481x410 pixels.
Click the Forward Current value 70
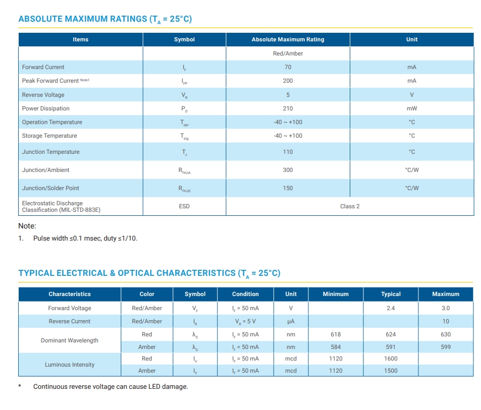pos(288,67)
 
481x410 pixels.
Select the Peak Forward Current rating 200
pos(288,81)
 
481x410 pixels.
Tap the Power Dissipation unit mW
pos(412,108)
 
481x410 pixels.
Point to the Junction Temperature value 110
pos(288,152)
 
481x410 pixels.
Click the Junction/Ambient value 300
pos(288,170)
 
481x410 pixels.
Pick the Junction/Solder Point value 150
pos(288,188)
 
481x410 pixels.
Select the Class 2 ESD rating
pos(350,206)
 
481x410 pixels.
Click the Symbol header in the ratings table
pos(184,39)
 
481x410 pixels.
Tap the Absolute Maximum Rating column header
pos(288,39)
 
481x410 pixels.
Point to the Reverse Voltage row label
pos(43,95)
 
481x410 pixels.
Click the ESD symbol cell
pos(184,206)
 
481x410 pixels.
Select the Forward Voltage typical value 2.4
pos(391,308)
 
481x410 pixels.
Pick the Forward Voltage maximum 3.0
pos(446,308)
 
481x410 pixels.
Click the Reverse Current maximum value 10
pos(446,321)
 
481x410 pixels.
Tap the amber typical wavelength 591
pos(391,347)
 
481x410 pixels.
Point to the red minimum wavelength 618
pos(336,334)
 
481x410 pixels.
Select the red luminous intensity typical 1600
pos(391,359)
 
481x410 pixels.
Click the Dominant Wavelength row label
pos(70,340)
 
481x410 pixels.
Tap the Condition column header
pos(245,294)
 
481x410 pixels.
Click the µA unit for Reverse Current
pos(291,321)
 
